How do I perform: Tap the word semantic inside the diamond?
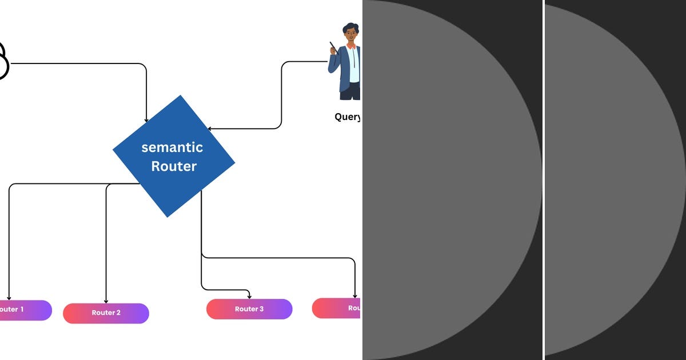click(172, 147)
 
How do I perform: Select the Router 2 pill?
click(106, 313)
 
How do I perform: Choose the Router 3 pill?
click(249, 309)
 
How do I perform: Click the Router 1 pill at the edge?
click(23, 310)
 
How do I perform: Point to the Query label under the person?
click(348, 117)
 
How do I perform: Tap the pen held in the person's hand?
click(332, 47)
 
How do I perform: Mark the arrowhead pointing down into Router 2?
click(106, 301)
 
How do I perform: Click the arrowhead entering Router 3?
click(249, 296)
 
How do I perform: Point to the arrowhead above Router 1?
click(9, 298)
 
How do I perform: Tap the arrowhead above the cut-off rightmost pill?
click(355, 295)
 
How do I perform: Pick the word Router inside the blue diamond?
click(174, 167)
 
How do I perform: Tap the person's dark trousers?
click(350, 91)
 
